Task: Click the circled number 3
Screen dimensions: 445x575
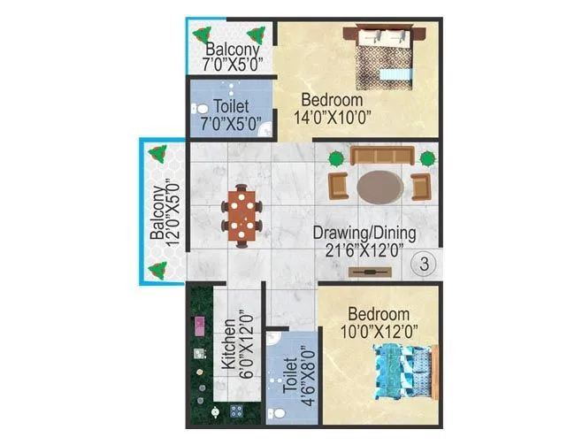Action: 425,263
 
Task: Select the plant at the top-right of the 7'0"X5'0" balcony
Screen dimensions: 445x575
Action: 258,35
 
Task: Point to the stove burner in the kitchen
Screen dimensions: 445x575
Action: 236,409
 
